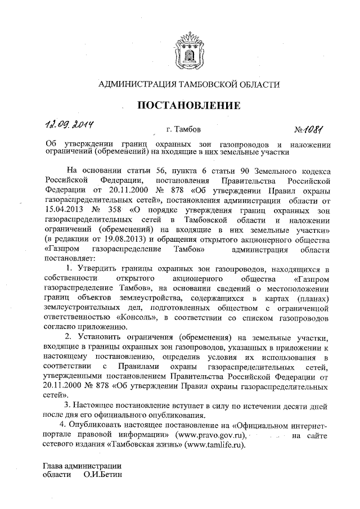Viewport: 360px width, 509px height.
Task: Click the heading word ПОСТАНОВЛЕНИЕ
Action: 190,106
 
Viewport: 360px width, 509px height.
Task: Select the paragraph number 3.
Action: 67,405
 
